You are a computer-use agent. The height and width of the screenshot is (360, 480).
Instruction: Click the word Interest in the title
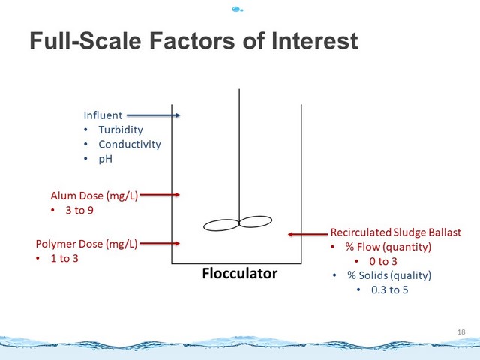[315, 41]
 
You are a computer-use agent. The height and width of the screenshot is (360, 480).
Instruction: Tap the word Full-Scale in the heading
[85, 41]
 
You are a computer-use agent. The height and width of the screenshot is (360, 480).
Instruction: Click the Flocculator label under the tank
[240, 273]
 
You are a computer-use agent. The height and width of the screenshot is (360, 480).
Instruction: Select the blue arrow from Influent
[153, 115]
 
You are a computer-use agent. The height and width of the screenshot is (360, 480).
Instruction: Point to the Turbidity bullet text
[121, 130]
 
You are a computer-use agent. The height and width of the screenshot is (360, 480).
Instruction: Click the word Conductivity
[130, 144]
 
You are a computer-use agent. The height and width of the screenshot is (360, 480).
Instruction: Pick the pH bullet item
[105, 159]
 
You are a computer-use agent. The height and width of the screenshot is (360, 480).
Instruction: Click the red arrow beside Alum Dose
[160, 195]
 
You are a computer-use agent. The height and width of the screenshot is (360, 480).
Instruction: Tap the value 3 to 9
[79, 210]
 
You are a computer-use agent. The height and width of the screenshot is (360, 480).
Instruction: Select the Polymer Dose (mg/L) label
[87, 244]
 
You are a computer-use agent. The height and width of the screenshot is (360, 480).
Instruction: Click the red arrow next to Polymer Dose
[160, 243]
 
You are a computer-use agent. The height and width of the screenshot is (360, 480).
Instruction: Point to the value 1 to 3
[64, 258]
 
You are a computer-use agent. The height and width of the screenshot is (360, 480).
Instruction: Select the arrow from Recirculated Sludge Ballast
[308, 234]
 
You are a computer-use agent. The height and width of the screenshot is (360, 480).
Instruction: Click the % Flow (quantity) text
[388, 247]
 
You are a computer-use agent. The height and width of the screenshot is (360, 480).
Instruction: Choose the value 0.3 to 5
[390, 290]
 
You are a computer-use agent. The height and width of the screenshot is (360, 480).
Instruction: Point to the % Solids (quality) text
[389, 275]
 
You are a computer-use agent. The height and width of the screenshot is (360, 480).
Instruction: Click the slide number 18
[461, 331]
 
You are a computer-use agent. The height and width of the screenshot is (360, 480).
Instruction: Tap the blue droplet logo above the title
[238, 10]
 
